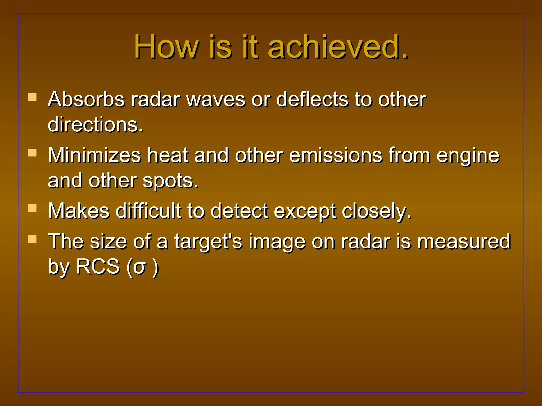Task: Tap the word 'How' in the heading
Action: point(166,47)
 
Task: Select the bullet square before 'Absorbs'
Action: point(32,97)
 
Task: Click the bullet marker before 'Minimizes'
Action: point(32,153)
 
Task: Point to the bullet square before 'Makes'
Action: point(32,209)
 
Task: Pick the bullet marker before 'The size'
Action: point(32,239)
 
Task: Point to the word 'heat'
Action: point(167,155)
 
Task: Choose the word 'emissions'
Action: point(336,155)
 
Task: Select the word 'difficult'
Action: point(148,211)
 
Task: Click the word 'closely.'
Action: point(377,211)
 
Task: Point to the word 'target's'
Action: point(208,242)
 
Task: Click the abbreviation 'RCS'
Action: point(98,266)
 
